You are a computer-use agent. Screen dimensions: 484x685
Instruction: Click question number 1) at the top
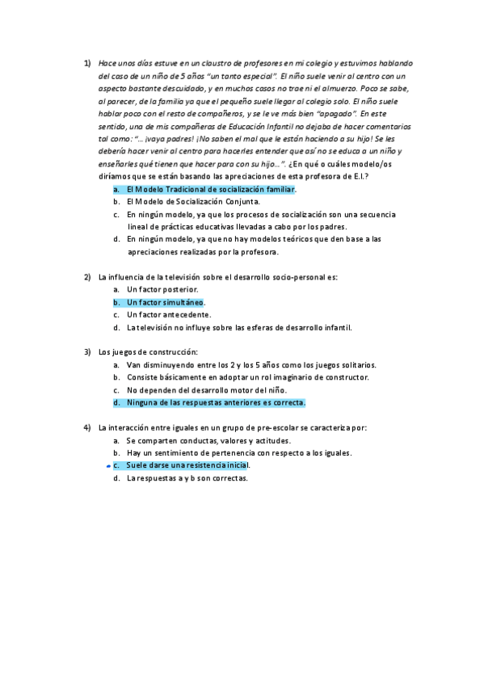(x=88, y=62)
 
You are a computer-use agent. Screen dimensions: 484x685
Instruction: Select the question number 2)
(x=88, y=277)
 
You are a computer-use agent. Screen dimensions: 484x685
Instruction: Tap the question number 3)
(x=88, y=352)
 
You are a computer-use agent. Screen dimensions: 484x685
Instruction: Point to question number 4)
(x=88, y=427)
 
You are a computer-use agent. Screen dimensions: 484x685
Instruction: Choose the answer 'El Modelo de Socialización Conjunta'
(x=192, y=202)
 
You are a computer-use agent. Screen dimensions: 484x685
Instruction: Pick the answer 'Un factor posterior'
(x=162, y=289)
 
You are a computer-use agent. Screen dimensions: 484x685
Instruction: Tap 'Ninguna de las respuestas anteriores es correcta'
(x=215, y=402)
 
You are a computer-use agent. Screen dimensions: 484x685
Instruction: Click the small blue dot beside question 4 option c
(x=108, y=466)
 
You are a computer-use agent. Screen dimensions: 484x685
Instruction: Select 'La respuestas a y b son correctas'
(x=186, y=478)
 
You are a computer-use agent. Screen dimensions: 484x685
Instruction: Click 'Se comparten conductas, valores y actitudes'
(x=208, y=440)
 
